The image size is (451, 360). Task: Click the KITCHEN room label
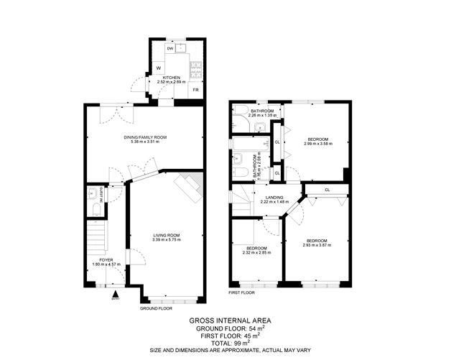click(x=170, y=78)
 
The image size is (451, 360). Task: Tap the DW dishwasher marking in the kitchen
click(x=169, y=49)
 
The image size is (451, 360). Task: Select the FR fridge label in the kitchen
click(x=195, y=90)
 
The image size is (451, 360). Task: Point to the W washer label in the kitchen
click(x=158, y=68)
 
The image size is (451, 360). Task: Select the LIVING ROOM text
click(x=166, y=235)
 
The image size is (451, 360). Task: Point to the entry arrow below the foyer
click(x=115, y=294)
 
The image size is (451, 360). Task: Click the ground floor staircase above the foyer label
click(x=96, y=237)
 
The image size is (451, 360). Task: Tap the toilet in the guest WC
click(x=96, y=209)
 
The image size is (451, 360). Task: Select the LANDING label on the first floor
click(x=274, y=197)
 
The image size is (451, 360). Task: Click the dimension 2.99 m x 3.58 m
click(x=318, y=143)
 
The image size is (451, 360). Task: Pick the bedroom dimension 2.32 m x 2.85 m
click(x=256, y=252)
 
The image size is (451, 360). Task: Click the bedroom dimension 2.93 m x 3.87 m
click(x=317, y=244)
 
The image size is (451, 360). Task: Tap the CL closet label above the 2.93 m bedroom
click(x=327, y=190)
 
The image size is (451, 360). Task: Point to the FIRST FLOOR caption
click(x=242, y=293)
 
